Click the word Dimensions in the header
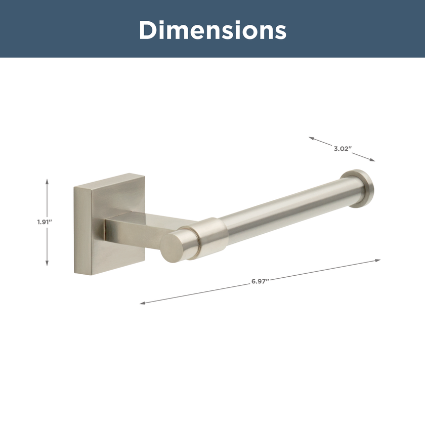click(x=212, y=30)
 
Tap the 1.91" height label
click(x=44, y=222)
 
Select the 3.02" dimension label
click(x=343, y=149)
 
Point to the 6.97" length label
click(x=260, y=281)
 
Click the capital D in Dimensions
click(x=149, y=30)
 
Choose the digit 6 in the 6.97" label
click(x=253, y=281)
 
